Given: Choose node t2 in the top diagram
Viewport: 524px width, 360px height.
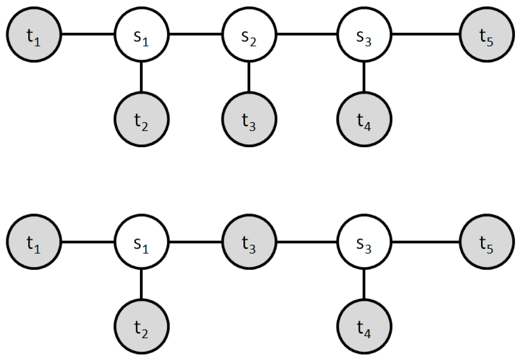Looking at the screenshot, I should [141, 119].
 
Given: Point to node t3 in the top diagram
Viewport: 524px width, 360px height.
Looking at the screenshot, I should [249, 119].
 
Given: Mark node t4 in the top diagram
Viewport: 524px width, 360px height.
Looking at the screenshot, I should [364, 119].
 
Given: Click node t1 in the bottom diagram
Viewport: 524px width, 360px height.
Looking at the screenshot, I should [34, 242].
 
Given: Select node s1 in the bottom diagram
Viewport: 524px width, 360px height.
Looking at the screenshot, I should [141, 242].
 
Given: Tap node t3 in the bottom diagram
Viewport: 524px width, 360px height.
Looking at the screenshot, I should [249, 242].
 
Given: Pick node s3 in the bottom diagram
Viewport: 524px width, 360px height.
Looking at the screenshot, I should [364, 242].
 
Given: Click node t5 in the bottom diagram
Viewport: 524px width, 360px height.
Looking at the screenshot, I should [487, 242].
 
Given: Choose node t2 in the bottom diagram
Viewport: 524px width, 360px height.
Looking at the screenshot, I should [141, 327].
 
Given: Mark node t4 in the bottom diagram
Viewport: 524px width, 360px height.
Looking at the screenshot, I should [364, 327].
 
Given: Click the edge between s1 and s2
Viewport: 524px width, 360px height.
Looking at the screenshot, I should [195, 34].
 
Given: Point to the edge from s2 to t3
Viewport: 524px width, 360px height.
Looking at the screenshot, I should [249, 77].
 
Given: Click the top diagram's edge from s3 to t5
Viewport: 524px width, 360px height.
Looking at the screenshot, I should [425, 34].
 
